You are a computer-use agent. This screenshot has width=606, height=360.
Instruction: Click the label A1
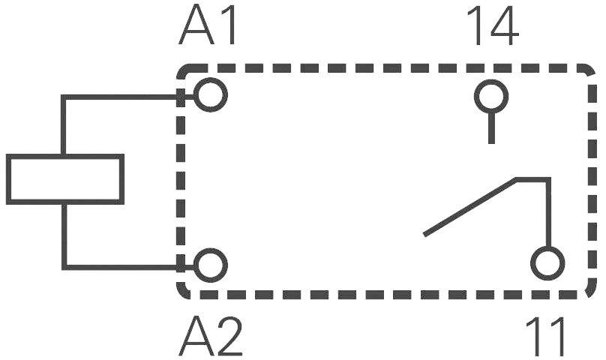coord(209,28)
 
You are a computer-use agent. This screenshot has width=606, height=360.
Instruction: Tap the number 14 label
coord(492,28)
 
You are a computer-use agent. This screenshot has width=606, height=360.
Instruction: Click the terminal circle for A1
coord(211,96)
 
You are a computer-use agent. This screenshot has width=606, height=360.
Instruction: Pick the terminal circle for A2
coord(211,265)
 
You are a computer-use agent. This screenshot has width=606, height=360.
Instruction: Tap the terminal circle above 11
coord(547,265)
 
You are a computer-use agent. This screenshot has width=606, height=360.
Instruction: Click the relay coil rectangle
coord(64,179)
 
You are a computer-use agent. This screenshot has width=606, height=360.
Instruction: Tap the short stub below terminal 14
coord(491,127)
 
